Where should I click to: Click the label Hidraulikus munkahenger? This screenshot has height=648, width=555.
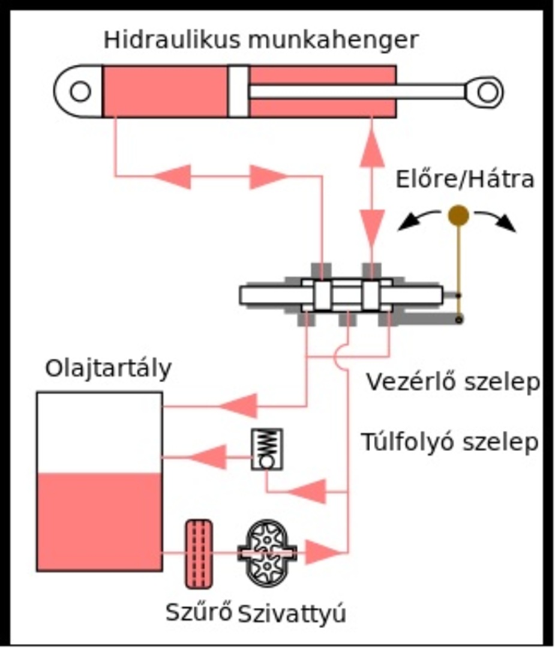pos(260,40)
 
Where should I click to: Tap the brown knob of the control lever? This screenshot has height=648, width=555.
pos(458,215)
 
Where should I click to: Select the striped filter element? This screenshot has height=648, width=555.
pos(198,553)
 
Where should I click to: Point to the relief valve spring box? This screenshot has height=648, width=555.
pos(267,449)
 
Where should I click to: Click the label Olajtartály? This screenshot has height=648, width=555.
pos(108,368)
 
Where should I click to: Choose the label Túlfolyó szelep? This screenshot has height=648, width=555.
pos(449,442)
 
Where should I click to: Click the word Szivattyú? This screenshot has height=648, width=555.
pos(292,614)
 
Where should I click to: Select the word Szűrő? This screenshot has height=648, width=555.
pos(199,614)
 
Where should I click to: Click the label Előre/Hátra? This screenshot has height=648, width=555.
pos(464,179)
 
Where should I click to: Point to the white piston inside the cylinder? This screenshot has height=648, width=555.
pos(238,91)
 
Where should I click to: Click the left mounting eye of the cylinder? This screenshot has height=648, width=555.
pos(79,92)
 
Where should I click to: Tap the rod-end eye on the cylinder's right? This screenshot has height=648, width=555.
pos(488,92)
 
